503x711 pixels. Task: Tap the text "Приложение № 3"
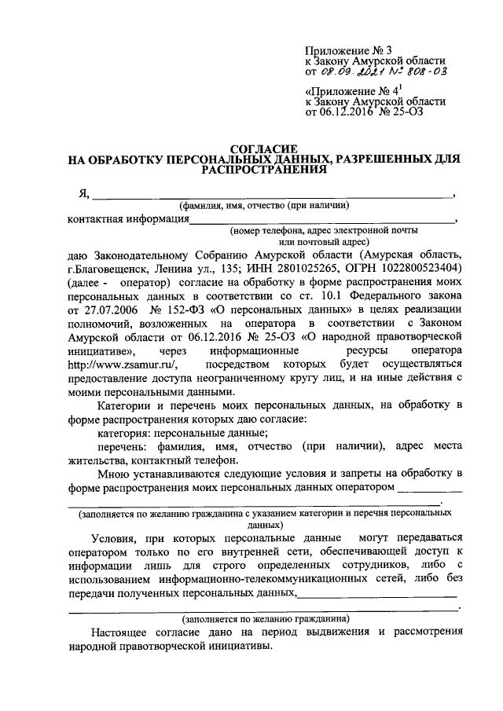click(x=342, y=49)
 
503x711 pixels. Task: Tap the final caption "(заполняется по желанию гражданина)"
click(x=261, y=618)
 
